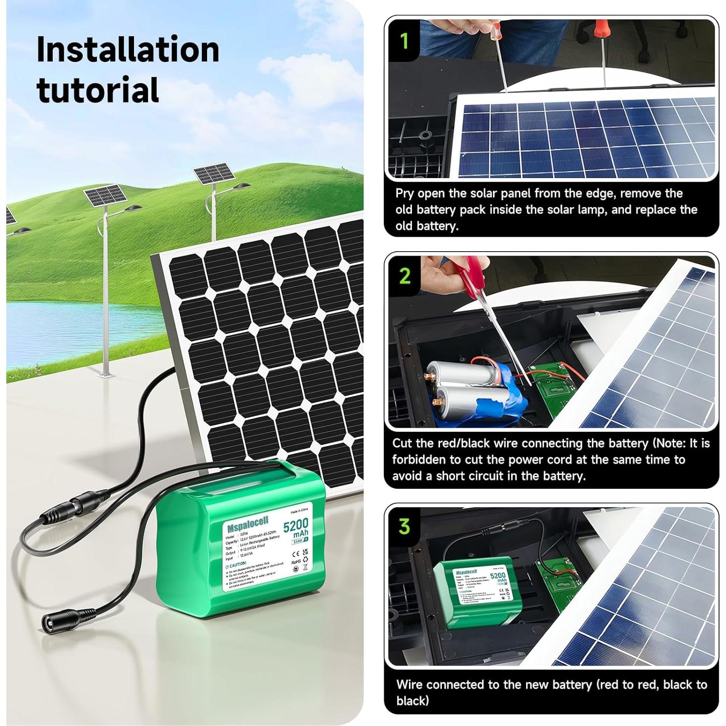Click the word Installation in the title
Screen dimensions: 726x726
point(128,50)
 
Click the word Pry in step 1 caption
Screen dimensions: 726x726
point(405,194)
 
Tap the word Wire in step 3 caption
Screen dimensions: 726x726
point(409,684)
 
